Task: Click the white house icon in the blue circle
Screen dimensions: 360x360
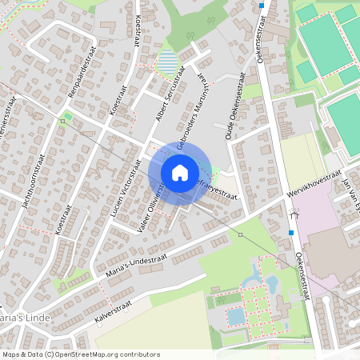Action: [x=180, y=172]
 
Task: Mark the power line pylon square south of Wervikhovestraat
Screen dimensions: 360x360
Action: [x=240, y=234]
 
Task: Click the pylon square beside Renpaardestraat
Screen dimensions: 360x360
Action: [x=62, y=121]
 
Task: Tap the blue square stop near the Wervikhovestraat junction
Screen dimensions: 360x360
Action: [x=291, y=233]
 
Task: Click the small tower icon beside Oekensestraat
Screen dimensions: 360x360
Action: [x=295, y=214]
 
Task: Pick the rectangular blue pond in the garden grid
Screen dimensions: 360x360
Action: [x=235, y=316]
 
